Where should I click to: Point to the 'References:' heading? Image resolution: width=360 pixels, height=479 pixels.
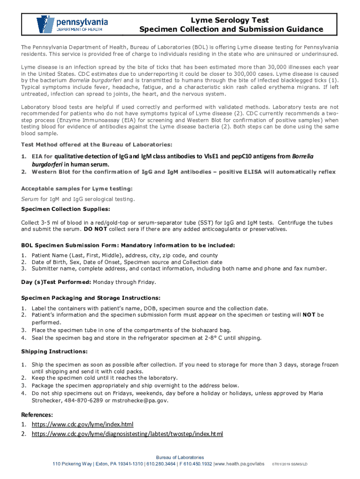(x=37, y=414)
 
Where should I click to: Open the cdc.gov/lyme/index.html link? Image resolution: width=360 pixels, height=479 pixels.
(x=82, y=424)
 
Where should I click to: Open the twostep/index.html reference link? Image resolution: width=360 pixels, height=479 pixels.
(x=127, y=434)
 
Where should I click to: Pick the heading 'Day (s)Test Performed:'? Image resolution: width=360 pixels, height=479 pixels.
(x=56, y=282)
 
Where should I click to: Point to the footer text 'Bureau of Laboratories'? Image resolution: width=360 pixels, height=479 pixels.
(x=180, y=457)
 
